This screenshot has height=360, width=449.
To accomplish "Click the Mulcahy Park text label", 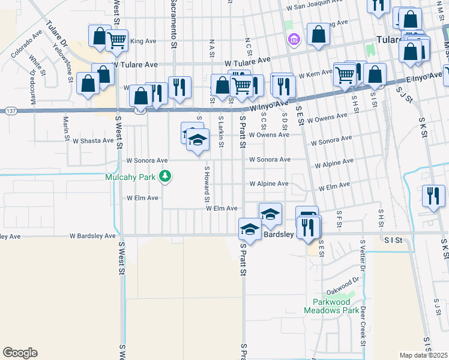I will click(130, 177).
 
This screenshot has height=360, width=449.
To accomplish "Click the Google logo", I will click(20, 353).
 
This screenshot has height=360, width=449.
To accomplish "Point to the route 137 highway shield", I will click(10, 110).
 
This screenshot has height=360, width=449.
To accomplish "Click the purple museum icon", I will click(293, 40).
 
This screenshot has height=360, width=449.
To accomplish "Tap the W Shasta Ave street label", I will click(93, 141).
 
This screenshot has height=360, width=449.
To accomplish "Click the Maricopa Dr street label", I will click(34, 86).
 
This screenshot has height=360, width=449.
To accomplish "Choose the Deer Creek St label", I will click(363, 326).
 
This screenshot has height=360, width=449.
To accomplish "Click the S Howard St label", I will click(206, 184).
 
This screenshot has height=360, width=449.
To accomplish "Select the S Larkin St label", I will click(221, 128).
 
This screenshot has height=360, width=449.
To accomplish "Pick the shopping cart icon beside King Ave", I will click(116, 41).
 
